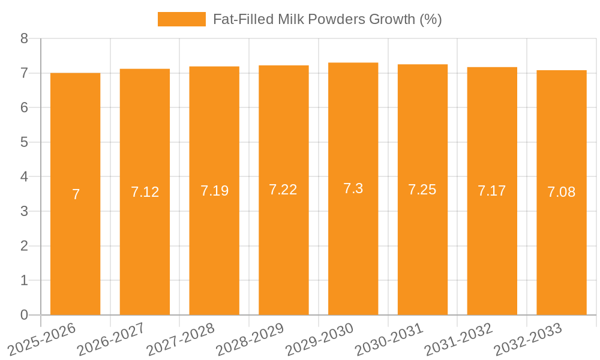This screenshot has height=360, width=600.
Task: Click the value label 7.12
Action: [145, 192]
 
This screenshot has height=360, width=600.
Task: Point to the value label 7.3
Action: [353, 188]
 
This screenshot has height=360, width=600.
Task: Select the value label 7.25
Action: [422, 190]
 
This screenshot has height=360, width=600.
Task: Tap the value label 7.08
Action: [561, 192]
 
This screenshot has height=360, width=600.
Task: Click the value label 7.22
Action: [283, 190]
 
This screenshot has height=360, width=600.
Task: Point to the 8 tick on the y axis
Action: [24, 39]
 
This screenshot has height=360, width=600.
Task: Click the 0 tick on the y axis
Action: [24, 315]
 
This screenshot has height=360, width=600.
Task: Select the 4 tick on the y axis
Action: [24, 177]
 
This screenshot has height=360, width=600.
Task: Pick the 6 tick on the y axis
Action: [24, 108]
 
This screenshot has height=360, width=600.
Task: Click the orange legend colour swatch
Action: [181, 19]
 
